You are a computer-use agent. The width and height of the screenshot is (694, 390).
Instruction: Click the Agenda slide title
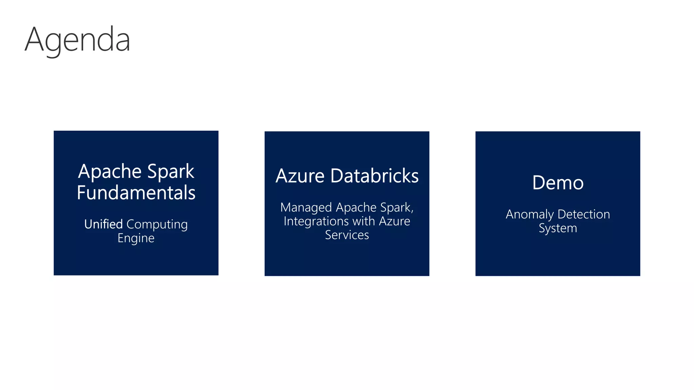pos(77,40)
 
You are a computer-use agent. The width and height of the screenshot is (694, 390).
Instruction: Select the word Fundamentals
pos(136,193)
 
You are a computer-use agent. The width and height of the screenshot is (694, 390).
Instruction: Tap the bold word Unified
pos(103,224)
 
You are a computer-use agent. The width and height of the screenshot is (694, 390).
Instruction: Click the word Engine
pos(136,238)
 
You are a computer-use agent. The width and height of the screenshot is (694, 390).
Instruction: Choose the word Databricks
pos(374,176)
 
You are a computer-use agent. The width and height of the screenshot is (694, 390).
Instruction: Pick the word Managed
pos(306,208)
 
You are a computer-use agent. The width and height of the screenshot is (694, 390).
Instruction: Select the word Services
pos(347,235)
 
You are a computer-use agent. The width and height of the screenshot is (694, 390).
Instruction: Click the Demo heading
pos(558,183)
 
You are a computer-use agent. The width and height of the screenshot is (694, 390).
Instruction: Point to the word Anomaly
pos(530,215)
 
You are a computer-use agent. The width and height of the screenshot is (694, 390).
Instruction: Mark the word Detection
pos(584,214)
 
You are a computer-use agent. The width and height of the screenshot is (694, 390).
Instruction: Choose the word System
pos(558,229)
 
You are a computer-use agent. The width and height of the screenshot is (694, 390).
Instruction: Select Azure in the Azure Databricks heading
pos(300,176)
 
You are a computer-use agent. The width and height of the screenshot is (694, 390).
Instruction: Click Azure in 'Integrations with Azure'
pos(394,221)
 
